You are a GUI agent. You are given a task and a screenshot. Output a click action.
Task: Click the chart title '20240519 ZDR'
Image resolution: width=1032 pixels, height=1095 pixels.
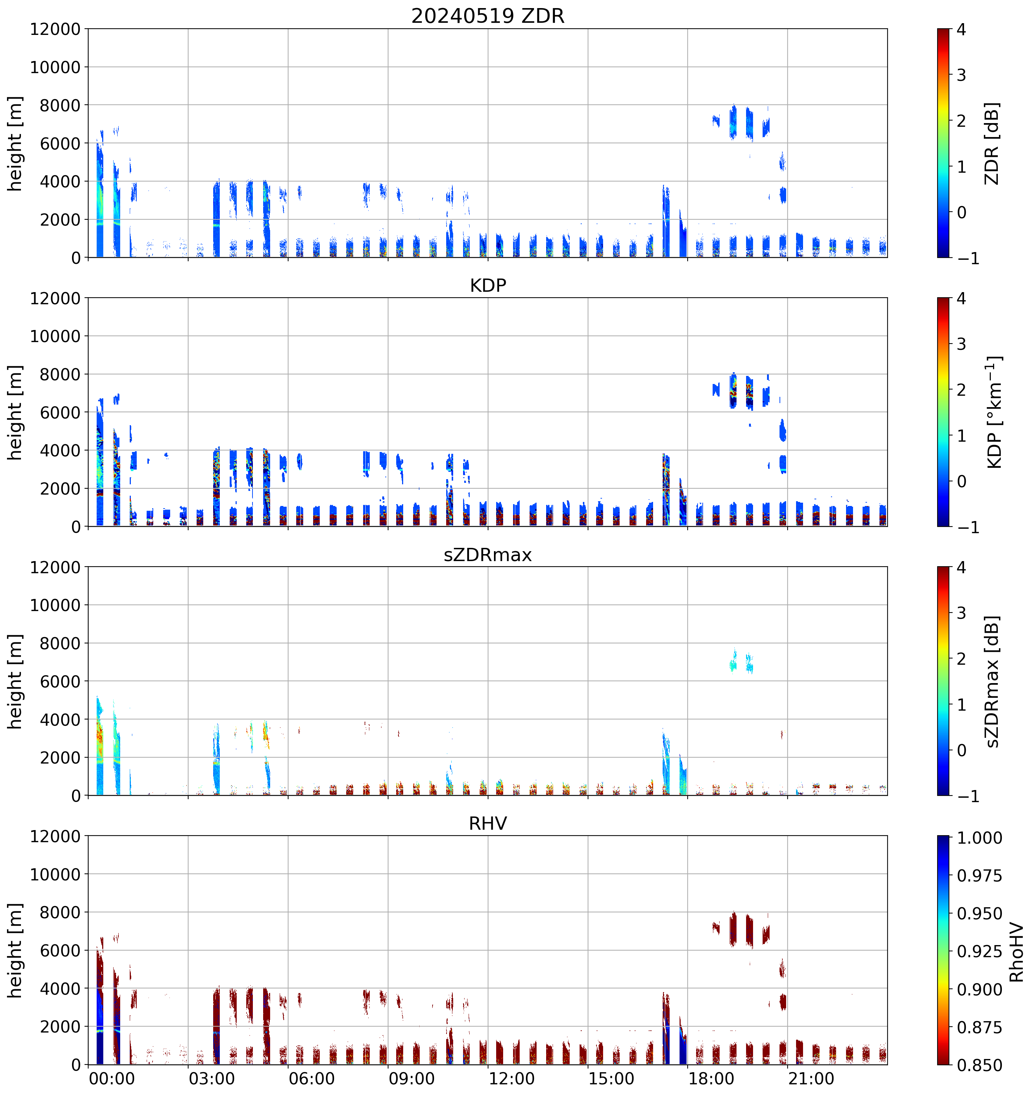coord(488,16)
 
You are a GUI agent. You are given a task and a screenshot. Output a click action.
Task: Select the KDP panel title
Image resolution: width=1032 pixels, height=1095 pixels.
coord(488,285)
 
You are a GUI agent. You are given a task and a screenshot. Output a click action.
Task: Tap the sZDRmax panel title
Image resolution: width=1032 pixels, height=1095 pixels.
coord(488,554)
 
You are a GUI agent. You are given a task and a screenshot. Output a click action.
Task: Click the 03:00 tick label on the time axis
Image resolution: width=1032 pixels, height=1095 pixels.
coord(212,1078)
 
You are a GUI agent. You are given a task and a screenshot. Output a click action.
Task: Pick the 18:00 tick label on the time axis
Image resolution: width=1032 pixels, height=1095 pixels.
coord(711,1078)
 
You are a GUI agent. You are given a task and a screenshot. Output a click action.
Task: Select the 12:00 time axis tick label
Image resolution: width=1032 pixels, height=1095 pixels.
coord(511,1078)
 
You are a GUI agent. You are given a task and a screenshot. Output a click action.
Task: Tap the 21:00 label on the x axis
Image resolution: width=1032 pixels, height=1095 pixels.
coord(810,1078)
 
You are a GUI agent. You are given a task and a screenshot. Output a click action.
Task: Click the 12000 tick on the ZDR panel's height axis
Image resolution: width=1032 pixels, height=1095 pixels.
coord(55,29)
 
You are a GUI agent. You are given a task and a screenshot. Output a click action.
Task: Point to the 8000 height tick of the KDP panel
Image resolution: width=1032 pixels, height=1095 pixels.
coord(60,374)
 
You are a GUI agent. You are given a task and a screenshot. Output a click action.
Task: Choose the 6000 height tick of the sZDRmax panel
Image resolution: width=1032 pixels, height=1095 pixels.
coord(60,681)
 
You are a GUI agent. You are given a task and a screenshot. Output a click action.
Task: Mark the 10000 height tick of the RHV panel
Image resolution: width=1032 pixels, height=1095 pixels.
coord(55,874)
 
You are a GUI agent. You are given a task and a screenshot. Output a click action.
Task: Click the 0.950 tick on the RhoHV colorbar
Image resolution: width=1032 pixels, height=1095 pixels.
coord(980,914)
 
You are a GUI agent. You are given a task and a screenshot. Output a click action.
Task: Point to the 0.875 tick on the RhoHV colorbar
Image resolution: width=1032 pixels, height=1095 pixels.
coord(980,1027)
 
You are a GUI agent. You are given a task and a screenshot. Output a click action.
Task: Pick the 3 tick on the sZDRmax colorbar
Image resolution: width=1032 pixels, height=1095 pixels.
coord(961,613)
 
